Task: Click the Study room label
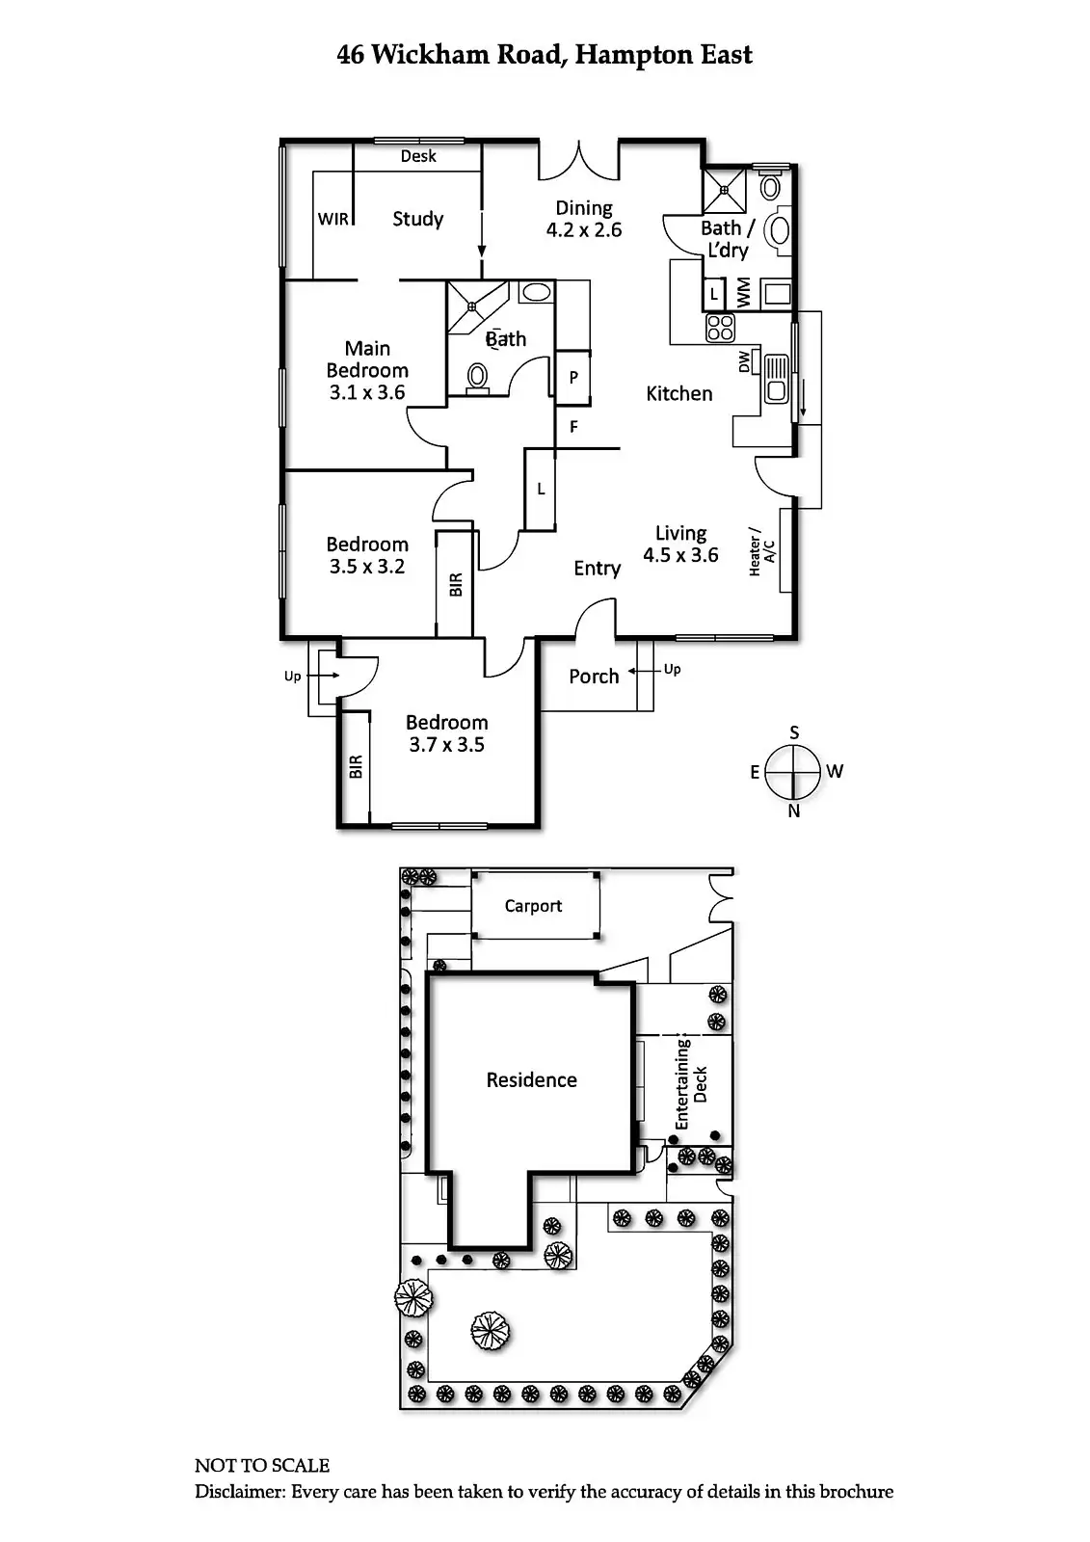pyautogui.click(x=417, y=219)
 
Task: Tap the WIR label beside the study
pyautogui.click(x=332, y=219)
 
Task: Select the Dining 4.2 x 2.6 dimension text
pyautogui.click(x=584, y=229)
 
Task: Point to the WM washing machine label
pyautogui.click(x=743, y=293)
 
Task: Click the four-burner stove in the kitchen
pyautogui.click(x=720, y=328)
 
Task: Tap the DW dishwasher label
pyautogui.click(x=744, y=361)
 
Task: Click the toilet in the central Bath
pyautogui.click(x=477, y=377)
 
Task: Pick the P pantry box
pyautogui.click(x=573, y=377)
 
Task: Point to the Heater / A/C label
pyautogui.click(x=761, y=552)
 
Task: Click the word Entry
pyautogui.click(x=597, y=569)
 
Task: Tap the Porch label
pyautogui.click(x=594, y=677)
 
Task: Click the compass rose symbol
pyautogui.click(x=794, y=772)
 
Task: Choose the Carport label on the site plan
pyautogui.click(x=533, y=906)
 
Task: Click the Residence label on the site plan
pyautogui.click(x=531, y=1080)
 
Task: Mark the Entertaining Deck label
pyautogui.click(x=691, y=1084)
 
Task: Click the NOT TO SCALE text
pyautogui.click(x=262, y=1466)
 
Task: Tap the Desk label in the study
pyautogui.click(x=418, y=156)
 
